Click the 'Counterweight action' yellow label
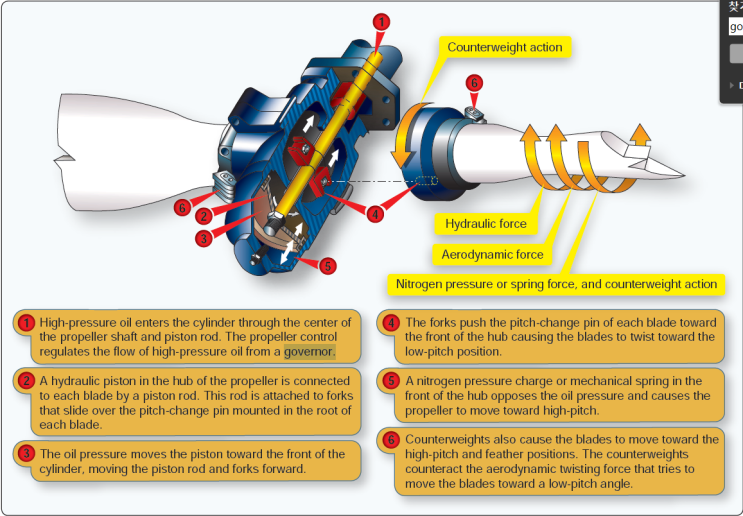coord(504,47)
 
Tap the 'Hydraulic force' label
coord(486,224)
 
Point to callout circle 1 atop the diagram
coord(379,21)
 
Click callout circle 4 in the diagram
coord(374,212)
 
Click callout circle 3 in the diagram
coord(203,237)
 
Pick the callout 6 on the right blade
coord(474,83)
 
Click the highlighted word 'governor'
coord(309,352)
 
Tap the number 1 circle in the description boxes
coord(26,323)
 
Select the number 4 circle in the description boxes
coord(391,323)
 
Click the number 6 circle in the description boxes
coord(391,440)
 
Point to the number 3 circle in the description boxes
coord(26,453)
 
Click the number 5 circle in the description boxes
coord(391,382)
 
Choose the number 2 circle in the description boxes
coord(26,382)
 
